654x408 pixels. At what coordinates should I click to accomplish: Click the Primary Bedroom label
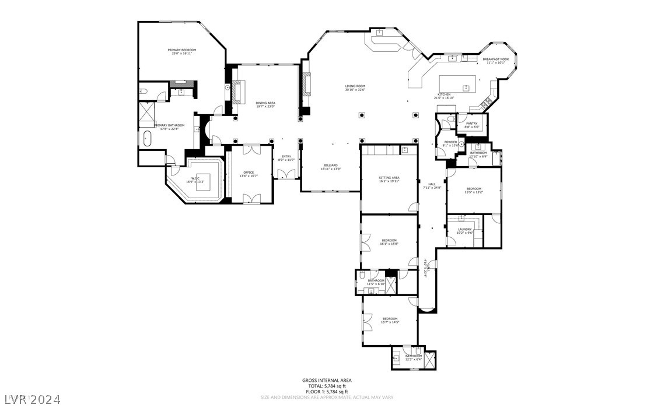click(x=181, y=50)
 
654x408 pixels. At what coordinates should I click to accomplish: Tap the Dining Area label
click(x=265, y=103)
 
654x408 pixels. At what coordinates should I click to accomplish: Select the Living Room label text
click(x=355, y=86)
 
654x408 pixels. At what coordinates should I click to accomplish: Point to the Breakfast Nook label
click(x=495, y=59)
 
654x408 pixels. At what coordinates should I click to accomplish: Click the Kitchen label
click(x=444, y=94)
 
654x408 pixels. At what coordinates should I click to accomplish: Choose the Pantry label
click(x=471, y=124)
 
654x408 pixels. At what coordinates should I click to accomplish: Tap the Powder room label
click(x=450, y=142)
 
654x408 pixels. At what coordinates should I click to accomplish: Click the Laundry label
click(x=464, y=230)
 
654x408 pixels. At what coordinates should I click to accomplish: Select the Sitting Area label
click(x=389, y=178)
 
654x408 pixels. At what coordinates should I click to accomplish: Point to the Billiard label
click(x=330, y=166)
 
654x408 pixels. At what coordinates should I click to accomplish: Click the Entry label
click(x=286, y=156)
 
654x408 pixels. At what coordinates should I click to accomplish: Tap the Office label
click(x=249, y=173)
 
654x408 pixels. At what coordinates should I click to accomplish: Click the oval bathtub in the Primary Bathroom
click(x=147, y=140)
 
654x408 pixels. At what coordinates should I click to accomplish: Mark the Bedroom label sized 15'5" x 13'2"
click(x=473, y=189)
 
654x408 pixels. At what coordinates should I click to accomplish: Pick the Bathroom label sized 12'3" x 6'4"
click(x=413, y=356)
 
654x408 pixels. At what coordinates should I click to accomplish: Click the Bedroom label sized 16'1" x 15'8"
click(x=389, y=241)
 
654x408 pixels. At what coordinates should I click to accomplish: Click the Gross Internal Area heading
click(x=327, y=380)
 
